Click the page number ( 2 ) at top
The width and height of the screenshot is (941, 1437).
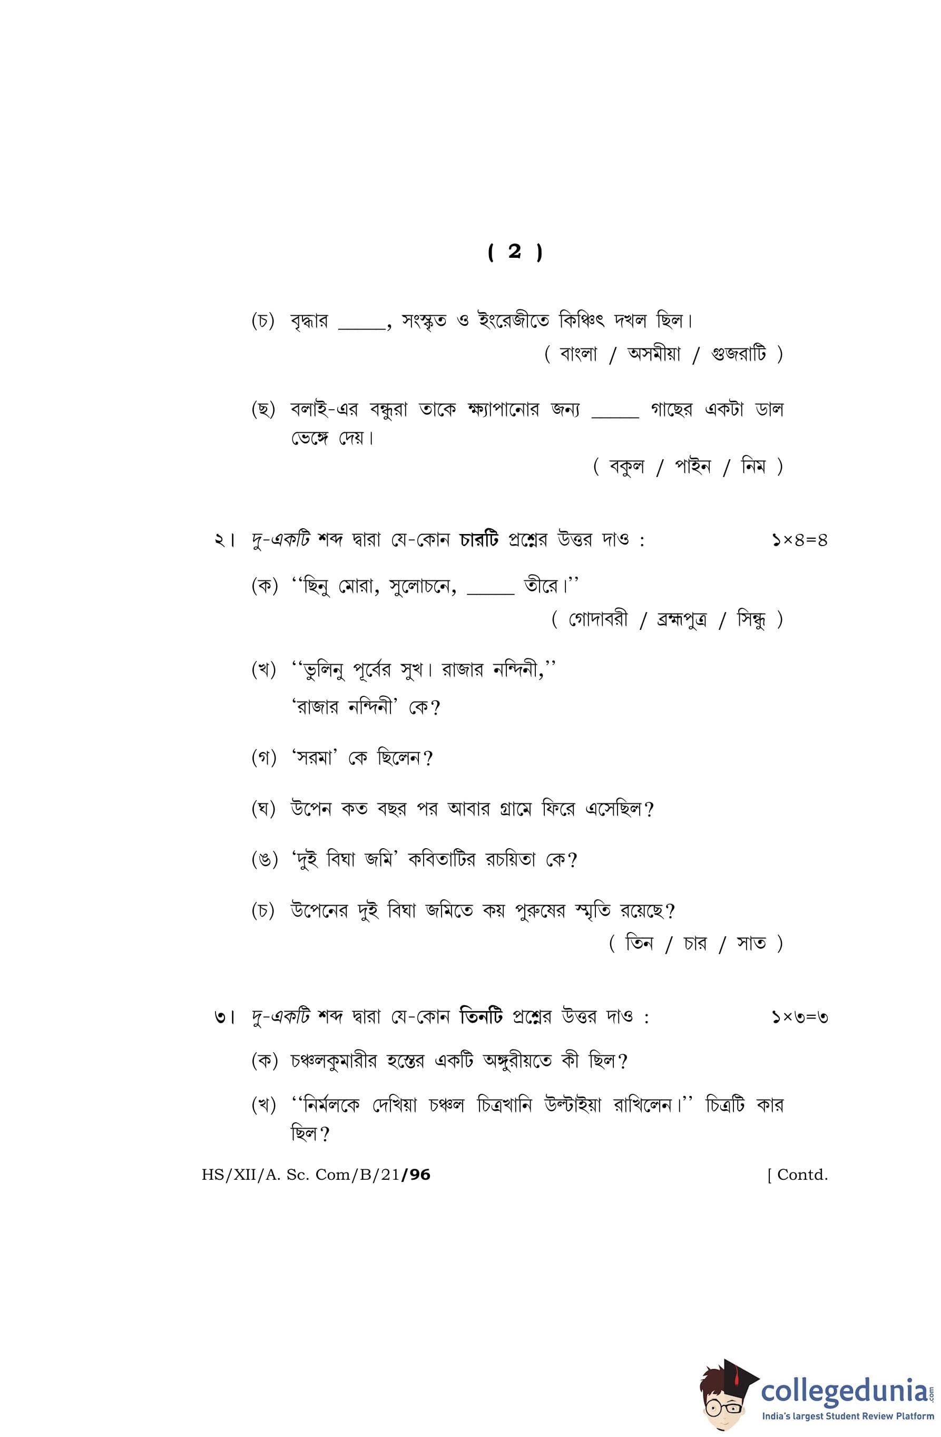[x=514, y=252]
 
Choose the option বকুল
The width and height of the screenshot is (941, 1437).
[x=626, y=466]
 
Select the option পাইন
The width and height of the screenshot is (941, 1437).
[x=692, y=466]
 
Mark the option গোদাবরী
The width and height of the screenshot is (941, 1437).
[x=597, y=619]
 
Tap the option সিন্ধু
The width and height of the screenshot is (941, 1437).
[x=751, y=619]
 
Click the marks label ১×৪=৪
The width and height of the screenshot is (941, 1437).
[x=799, y=540]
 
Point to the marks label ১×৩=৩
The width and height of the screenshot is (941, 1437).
[x=799, y=1017]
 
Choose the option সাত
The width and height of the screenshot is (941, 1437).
[x=751, y=943]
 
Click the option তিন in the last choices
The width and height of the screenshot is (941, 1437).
[x=639, y=943]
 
